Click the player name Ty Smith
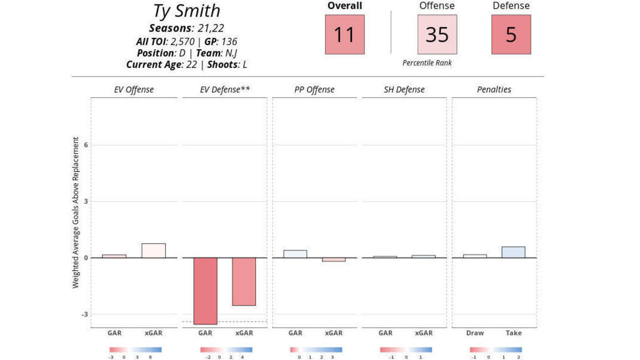click(x=186, y=11)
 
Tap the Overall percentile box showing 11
click(x=344, y=34)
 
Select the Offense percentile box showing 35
click(x=437, y=34)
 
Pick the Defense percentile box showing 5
click(x=511, y=34)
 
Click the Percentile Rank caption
click(x=427, y=63)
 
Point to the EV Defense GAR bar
click(x=205, y=291)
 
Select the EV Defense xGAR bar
click(x=243, y=281)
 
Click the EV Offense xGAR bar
click(x=153, y=250)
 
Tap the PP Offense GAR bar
click(x=295, y=254)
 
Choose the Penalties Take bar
click(x=513, y=252)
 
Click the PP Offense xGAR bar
click(x=333, y=259)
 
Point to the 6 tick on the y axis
click(x=85, y=145)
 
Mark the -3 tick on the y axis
click(x=84, y=314)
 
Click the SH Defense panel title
click(x=403, y=90)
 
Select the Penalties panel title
click(x=494, y=90)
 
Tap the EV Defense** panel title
click(x=224, y=90)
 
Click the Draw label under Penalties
click(x=475, y=333)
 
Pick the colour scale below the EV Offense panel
click(x=135, y=350)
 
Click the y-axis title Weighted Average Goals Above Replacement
click(x=76, y=212)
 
